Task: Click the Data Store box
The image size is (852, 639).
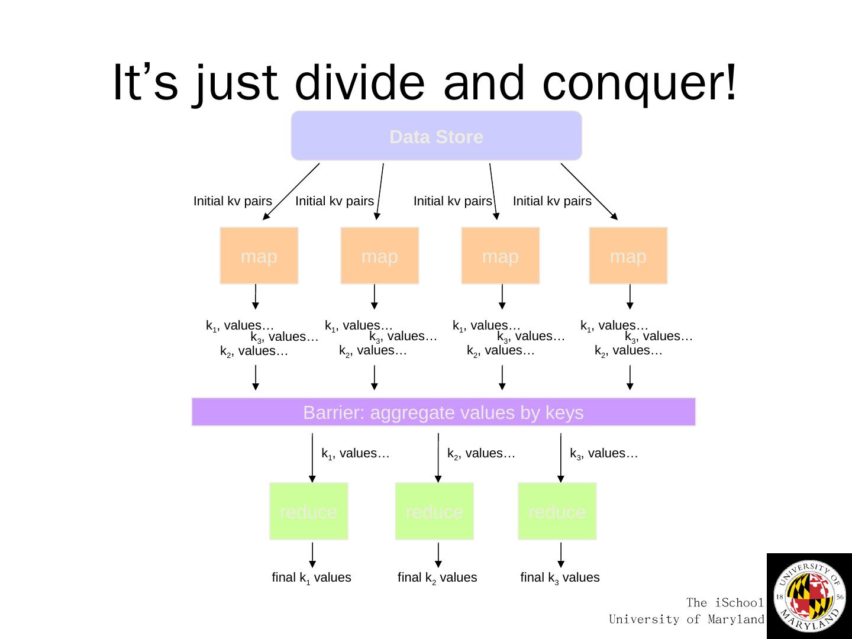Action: (436, 136)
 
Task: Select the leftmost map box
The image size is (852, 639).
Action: (259, 256)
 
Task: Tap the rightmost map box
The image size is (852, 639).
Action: (628, 256)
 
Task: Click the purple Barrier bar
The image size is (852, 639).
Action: (443, 412)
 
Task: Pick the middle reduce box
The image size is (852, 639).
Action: (434, 511)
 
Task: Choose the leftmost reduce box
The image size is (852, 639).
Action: (308, 511)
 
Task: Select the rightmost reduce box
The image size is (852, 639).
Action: (557, 511)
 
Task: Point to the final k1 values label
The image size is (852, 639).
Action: (311, 577)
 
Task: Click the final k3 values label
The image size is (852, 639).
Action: (560, 577)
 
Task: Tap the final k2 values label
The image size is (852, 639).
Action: (437, 577)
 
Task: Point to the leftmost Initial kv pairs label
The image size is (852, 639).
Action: (233, 201)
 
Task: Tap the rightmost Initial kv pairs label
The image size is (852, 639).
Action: (552, 201)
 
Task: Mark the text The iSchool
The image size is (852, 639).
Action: (725, 603)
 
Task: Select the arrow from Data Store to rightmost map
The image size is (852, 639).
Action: (589, 191)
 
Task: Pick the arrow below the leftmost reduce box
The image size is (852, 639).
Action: (312, 555)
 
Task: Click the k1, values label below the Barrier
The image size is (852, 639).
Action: (355, 454)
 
